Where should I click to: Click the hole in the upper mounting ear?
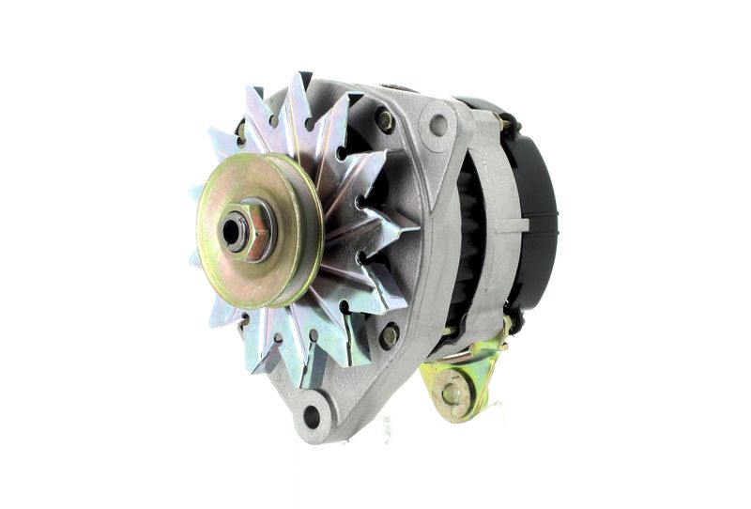(437, 123)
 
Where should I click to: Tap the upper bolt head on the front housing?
(384, 119)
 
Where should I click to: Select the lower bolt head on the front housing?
(388, 334)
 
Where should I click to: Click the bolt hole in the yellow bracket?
(452, 392)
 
